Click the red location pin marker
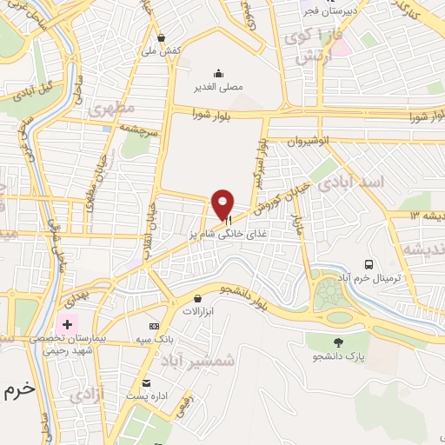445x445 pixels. (x=223, y=202)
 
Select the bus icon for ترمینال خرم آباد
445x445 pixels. (x=369, y=264)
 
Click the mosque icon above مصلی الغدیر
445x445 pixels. (x=218, y=73)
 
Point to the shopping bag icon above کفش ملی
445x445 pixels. (x=162, y=37)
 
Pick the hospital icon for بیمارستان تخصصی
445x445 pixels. (x=67, y=323)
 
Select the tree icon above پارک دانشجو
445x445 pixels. (x=337, y=342)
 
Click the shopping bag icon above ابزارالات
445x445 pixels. (x=199, y=298)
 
